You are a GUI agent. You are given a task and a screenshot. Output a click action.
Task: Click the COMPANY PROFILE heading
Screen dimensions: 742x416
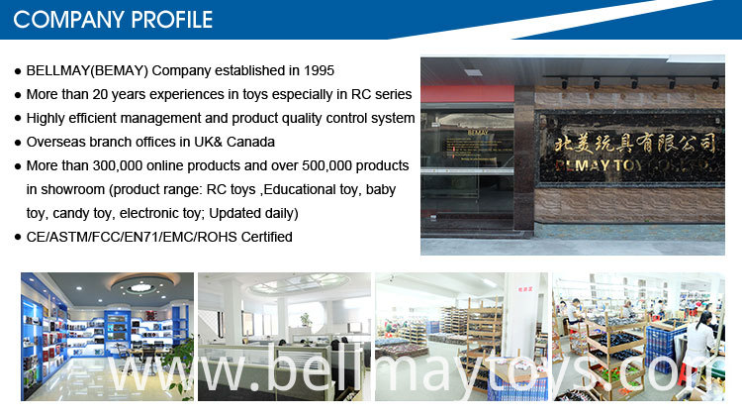pyautogui.click(x=113, y=20)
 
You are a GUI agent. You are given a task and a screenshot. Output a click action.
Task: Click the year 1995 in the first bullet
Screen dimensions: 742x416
pyautogui.click(x=319, y=70)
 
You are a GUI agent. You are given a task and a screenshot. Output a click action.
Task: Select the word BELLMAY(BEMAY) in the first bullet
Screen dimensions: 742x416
pyautogui.click(x=87, y=70)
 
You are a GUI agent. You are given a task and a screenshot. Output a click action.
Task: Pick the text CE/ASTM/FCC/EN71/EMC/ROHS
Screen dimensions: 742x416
pyautogui.click(x=132, y=237)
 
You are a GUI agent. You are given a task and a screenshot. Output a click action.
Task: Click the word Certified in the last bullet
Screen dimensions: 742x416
pyautogui.click(x=267, y=237)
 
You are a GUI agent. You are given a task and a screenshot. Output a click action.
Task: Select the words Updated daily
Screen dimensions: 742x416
pyautogui.click(x=253, y=213)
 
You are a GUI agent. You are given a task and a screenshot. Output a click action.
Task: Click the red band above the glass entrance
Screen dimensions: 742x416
pyautogui.click(x=467, y=93)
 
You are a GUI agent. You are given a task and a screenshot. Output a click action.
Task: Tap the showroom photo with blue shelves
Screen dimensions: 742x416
pyautogui.click(x=108, y=337)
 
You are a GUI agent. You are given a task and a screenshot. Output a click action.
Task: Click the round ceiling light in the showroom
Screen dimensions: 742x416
pyautogui.click(x=141, y=286)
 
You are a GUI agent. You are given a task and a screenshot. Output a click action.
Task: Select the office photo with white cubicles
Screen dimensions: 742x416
pyautogui.click(x=284, y=337)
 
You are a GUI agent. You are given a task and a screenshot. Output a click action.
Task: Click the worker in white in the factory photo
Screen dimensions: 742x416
pyautogui.click(x=701, y=341)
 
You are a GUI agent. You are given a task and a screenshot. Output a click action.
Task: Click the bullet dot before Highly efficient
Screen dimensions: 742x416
pyautogui.click(x=18, y=119)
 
